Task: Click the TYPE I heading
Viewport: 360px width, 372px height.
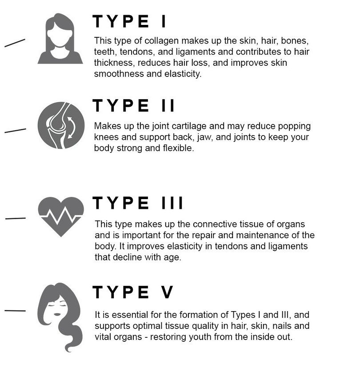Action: (x=129, y=21)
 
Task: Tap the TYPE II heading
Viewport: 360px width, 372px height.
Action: (x=133, y=105)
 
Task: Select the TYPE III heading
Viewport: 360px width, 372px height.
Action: (x=138, y=203)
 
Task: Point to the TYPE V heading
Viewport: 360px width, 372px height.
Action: (x=132, y=292)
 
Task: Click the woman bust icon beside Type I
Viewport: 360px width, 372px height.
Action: (x=60, y=38)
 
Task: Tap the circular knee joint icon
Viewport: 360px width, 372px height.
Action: (x=61, y=125)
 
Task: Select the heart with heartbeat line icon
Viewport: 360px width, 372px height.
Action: (x=61, y=216)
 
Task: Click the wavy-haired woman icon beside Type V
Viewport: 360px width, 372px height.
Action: (x=60, y=317)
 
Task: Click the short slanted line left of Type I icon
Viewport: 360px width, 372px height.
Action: (x=15, y=43)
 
